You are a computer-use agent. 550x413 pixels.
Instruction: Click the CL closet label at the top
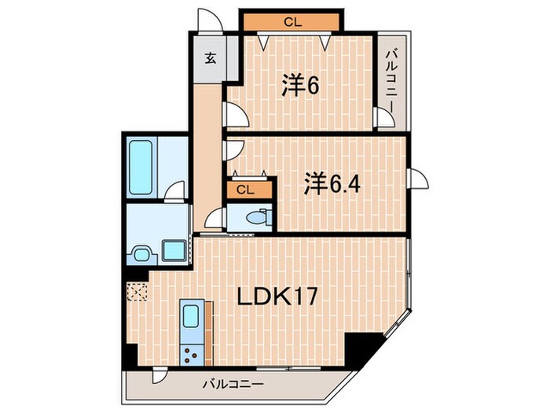point(291,22)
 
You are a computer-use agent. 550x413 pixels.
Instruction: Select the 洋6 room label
point(299,86)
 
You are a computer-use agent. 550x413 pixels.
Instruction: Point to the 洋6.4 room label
point(332,185)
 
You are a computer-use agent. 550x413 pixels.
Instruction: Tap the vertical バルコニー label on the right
point(392,79)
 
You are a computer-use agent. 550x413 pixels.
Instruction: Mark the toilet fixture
point(256,218)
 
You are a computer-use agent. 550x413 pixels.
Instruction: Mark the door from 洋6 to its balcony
point(384,119)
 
